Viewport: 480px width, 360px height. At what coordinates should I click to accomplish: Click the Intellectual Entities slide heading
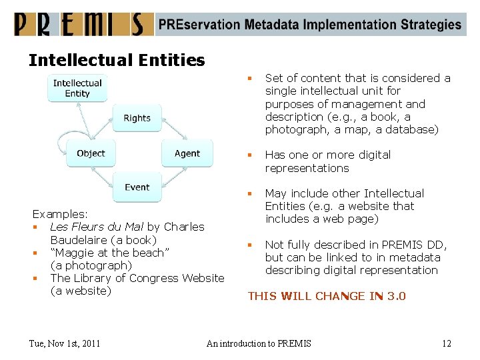[117, 61]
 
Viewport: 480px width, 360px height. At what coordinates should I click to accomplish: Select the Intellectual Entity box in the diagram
[77, 88]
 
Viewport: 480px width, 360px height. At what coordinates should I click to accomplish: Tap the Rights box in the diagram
[137, 118]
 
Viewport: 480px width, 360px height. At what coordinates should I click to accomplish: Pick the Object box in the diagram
[91, 153]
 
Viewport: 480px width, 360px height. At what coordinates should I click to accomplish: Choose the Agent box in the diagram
[187, 153]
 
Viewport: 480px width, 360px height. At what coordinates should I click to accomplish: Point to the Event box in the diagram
[137, 187]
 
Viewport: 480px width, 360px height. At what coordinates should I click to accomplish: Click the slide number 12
[446, 343]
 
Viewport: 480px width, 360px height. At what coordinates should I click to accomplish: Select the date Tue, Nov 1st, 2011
[65, 343]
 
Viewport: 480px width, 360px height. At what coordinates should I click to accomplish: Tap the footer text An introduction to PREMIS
[259, 343]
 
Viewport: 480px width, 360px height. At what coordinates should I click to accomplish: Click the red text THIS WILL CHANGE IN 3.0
[327, 296]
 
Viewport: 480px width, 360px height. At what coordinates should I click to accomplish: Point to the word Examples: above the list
[60, 214]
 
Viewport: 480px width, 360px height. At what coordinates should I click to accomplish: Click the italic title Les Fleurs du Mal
[97, 227]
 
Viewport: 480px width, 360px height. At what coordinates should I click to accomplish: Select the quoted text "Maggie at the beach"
[110, 253]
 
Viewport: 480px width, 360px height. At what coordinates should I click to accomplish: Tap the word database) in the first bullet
[413, 129]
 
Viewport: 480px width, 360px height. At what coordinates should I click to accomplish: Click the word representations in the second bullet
[307, 168]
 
